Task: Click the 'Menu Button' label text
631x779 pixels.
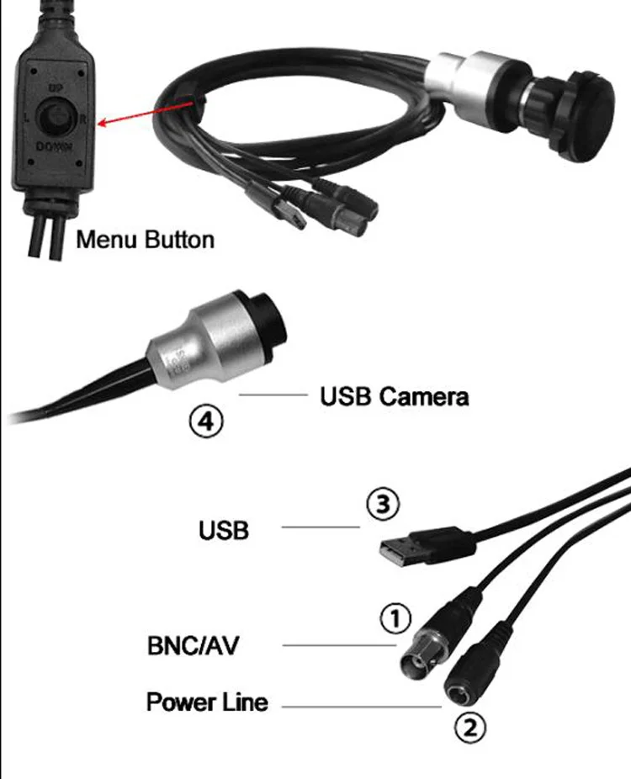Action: (145, 240)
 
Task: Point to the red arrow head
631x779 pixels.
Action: (102, 125)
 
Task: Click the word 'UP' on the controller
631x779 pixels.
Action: (56, 87)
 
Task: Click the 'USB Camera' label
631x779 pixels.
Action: (394, 396)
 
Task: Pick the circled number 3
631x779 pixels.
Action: (381, 505)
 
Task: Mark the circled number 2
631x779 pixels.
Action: (471, 725)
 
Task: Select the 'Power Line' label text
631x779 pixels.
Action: (207, 702)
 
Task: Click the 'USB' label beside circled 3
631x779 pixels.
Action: (224, 531)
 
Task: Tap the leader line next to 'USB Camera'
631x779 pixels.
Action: (274, 394)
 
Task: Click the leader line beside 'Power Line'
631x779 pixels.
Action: (362, 706)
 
